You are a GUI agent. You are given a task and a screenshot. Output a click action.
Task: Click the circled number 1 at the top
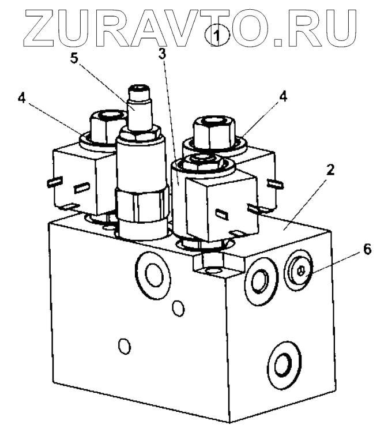click(217, 36)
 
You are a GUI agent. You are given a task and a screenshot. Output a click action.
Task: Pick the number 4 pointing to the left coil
click(21, 97)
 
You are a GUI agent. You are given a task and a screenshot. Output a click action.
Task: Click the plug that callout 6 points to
click(300, 268)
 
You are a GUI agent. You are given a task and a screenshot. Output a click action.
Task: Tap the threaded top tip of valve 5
click(140, 91)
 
